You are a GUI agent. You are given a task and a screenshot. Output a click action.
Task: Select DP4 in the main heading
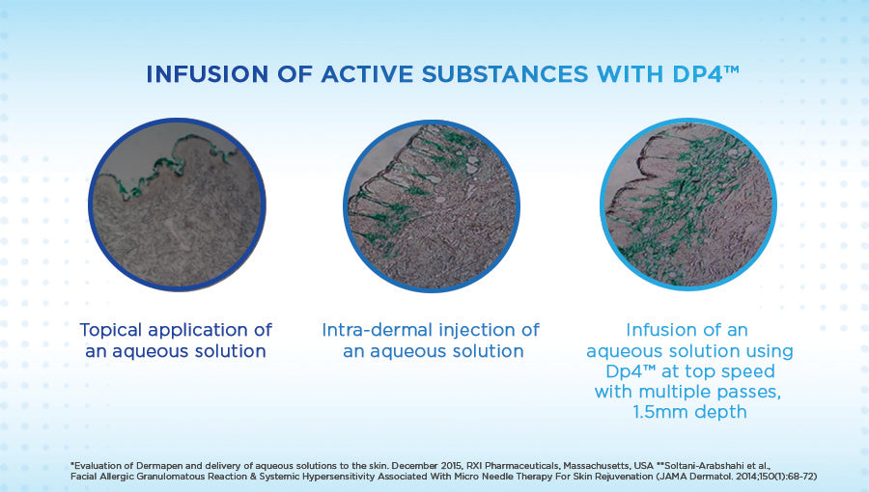[x=698, y=74]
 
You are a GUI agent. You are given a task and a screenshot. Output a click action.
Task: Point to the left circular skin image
[x=178, y=205]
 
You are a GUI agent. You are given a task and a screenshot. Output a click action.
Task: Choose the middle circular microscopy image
[x=432, y=205]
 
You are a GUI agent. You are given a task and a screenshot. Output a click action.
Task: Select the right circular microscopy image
[x=687, y=205]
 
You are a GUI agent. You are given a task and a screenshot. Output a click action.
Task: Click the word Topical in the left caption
[x=111, y=330]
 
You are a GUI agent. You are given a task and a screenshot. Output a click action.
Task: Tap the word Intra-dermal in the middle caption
[x=377, y=330]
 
